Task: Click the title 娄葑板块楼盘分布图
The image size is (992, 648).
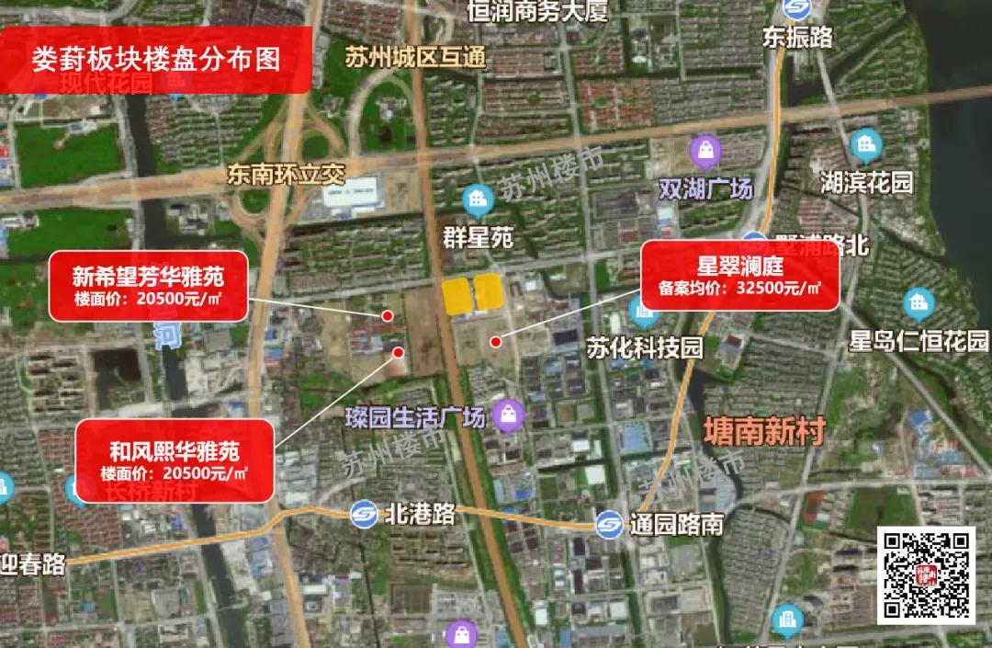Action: coord(155,59)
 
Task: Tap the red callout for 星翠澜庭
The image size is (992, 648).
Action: coord(739,275)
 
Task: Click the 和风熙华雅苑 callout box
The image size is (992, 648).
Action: coord(174,460)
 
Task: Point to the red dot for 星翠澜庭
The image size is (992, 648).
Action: coord(496,342)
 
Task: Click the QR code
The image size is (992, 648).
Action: coord(927,575)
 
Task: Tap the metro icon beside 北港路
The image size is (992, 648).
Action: coord(365,514)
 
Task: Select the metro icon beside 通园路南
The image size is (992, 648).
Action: coord(608,525)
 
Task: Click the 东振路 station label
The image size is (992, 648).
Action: coord(797,37)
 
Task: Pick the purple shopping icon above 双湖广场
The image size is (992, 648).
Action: coord(705,150)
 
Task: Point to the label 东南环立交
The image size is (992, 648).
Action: coord(286,175)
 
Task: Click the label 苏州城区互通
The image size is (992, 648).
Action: coord(414,57)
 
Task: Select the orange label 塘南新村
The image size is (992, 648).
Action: coord(763,430)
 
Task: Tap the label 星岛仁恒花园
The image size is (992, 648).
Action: coord(918,342)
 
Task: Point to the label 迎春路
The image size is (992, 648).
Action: coord(33,564)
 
